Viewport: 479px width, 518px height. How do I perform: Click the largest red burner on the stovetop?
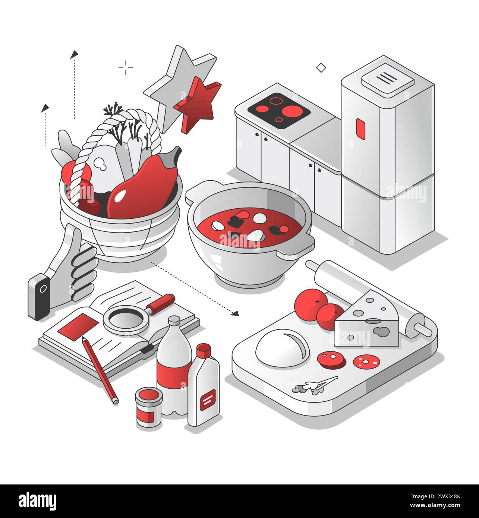tap(291, 111)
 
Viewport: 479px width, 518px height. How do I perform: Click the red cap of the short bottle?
tap(204, 350)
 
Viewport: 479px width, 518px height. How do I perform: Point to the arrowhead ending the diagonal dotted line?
tap(235, 313)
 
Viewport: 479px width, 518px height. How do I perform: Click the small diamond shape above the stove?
tap(321, 67)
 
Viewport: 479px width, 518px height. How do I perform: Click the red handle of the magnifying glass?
tap(160, 303)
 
